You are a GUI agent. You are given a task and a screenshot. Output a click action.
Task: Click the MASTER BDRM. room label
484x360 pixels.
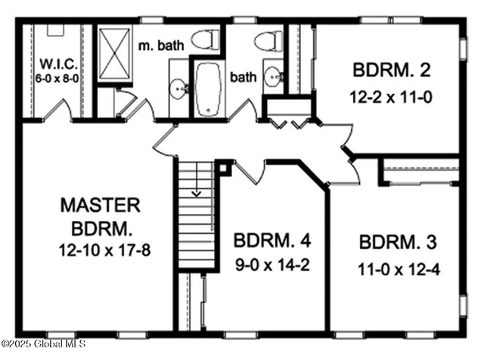(100, 215)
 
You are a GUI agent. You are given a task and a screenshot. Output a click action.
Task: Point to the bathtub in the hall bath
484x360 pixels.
(207, 89)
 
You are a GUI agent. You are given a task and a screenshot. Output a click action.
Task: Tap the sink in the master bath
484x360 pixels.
(179, 89)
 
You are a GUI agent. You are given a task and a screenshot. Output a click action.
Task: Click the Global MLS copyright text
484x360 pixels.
(43, 344)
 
